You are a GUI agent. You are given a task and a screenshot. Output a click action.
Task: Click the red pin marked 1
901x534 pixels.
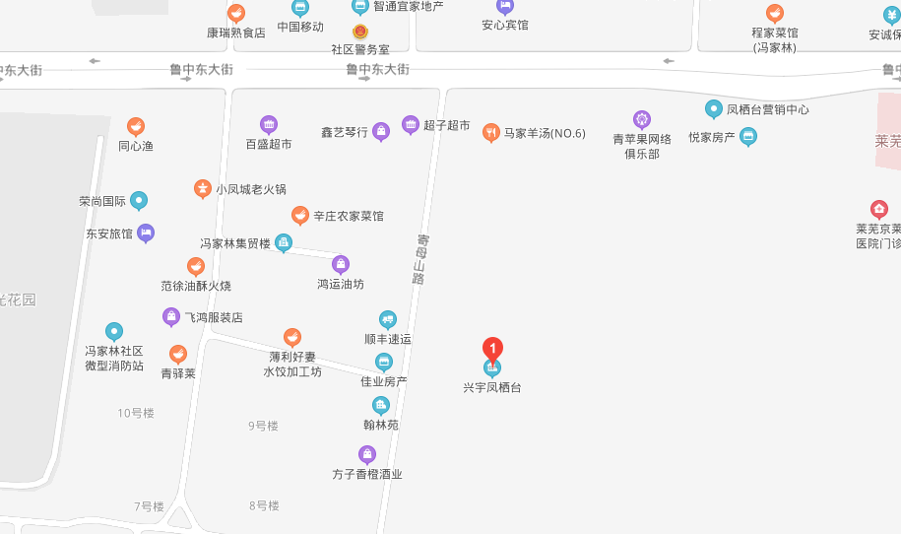[x=492, y=349]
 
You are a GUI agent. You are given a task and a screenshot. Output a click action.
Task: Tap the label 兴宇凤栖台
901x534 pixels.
[x=492, y=388]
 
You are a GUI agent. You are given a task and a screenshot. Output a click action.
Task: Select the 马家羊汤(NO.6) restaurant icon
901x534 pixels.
[x=490, y=133]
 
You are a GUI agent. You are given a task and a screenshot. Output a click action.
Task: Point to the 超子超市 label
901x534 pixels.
[x=446, y=126]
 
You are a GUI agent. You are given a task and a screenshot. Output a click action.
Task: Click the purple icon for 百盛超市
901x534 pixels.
[x=269, y=125]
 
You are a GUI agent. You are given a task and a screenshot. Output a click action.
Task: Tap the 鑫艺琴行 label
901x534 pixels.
[x=344, y=132]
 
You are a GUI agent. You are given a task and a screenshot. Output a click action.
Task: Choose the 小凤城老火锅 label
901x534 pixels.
[x=251, y=189]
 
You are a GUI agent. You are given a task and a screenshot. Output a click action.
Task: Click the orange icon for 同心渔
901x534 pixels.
[x=136, y=127]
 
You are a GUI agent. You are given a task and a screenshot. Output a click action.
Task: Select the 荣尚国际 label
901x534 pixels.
[x=102, y=202]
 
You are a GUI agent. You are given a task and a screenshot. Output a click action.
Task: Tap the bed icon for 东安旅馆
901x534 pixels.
[x=146, y=234]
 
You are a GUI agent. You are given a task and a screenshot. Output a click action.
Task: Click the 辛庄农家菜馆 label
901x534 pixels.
[x=349, y=216]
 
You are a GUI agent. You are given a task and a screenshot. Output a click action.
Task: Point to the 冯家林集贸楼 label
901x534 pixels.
[x=234, y=243]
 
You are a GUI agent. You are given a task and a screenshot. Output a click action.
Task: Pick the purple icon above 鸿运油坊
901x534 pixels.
[x=341, y=264]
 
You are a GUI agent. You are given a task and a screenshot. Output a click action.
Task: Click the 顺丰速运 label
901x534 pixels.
[x=388, y=339]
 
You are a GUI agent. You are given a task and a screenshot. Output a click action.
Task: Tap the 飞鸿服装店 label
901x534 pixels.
[x=214, y=318]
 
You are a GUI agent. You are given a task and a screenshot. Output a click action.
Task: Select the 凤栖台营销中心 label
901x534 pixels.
[x=767, y=109]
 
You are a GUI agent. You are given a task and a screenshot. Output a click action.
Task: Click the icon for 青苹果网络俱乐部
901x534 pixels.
[x=642, y=120]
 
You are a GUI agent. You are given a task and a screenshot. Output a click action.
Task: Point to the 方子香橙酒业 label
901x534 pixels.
[x=367, y=474]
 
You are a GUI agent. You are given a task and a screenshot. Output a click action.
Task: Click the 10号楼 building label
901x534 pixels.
[x=136, y=413]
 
